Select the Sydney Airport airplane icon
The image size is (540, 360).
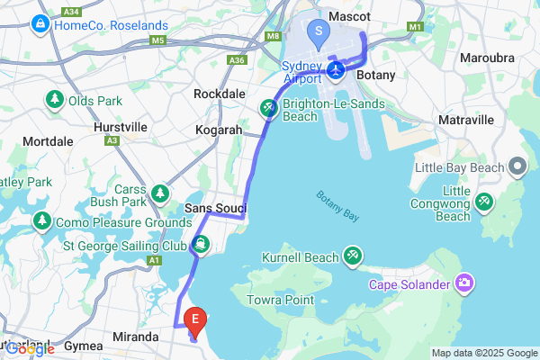click(x=336, y=69)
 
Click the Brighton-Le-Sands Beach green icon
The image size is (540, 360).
click(x=268, y=108)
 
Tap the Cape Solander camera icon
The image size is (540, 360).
click(x=465, y=284)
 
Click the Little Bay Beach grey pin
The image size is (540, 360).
click(x=517, y=166)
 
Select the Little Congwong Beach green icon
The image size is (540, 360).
click(x=484, y=201)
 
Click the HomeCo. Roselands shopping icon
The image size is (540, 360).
click(x=40, y=24)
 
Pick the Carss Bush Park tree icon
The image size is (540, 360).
click(x=160, y=193)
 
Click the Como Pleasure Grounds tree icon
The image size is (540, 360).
click(x=41, y=220)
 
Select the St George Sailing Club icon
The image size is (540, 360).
click(x=200, y=243)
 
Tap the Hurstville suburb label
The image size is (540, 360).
click(x=121, y=128)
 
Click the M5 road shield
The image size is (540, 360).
click(x=159, y=40)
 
